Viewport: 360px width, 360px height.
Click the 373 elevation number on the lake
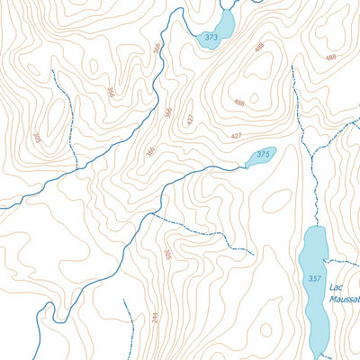click(x=211, y=38)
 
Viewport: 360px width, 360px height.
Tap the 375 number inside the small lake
click(x=263, y=155)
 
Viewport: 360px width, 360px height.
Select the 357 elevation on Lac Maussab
click(x=313, y=279)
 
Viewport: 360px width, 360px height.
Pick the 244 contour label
click(x=154, y=318)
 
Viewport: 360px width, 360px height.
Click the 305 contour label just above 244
click(x=166, y=256)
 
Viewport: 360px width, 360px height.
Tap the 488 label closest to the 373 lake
click(x=259, y=47)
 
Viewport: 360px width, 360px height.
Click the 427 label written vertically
click(x=190, y=120)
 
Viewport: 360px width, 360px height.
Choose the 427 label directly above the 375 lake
click(x=236, y=136)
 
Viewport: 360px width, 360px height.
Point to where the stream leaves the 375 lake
click(x=246, y=166)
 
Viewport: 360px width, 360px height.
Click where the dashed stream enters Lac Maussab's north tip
click(x=315, y=227)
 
